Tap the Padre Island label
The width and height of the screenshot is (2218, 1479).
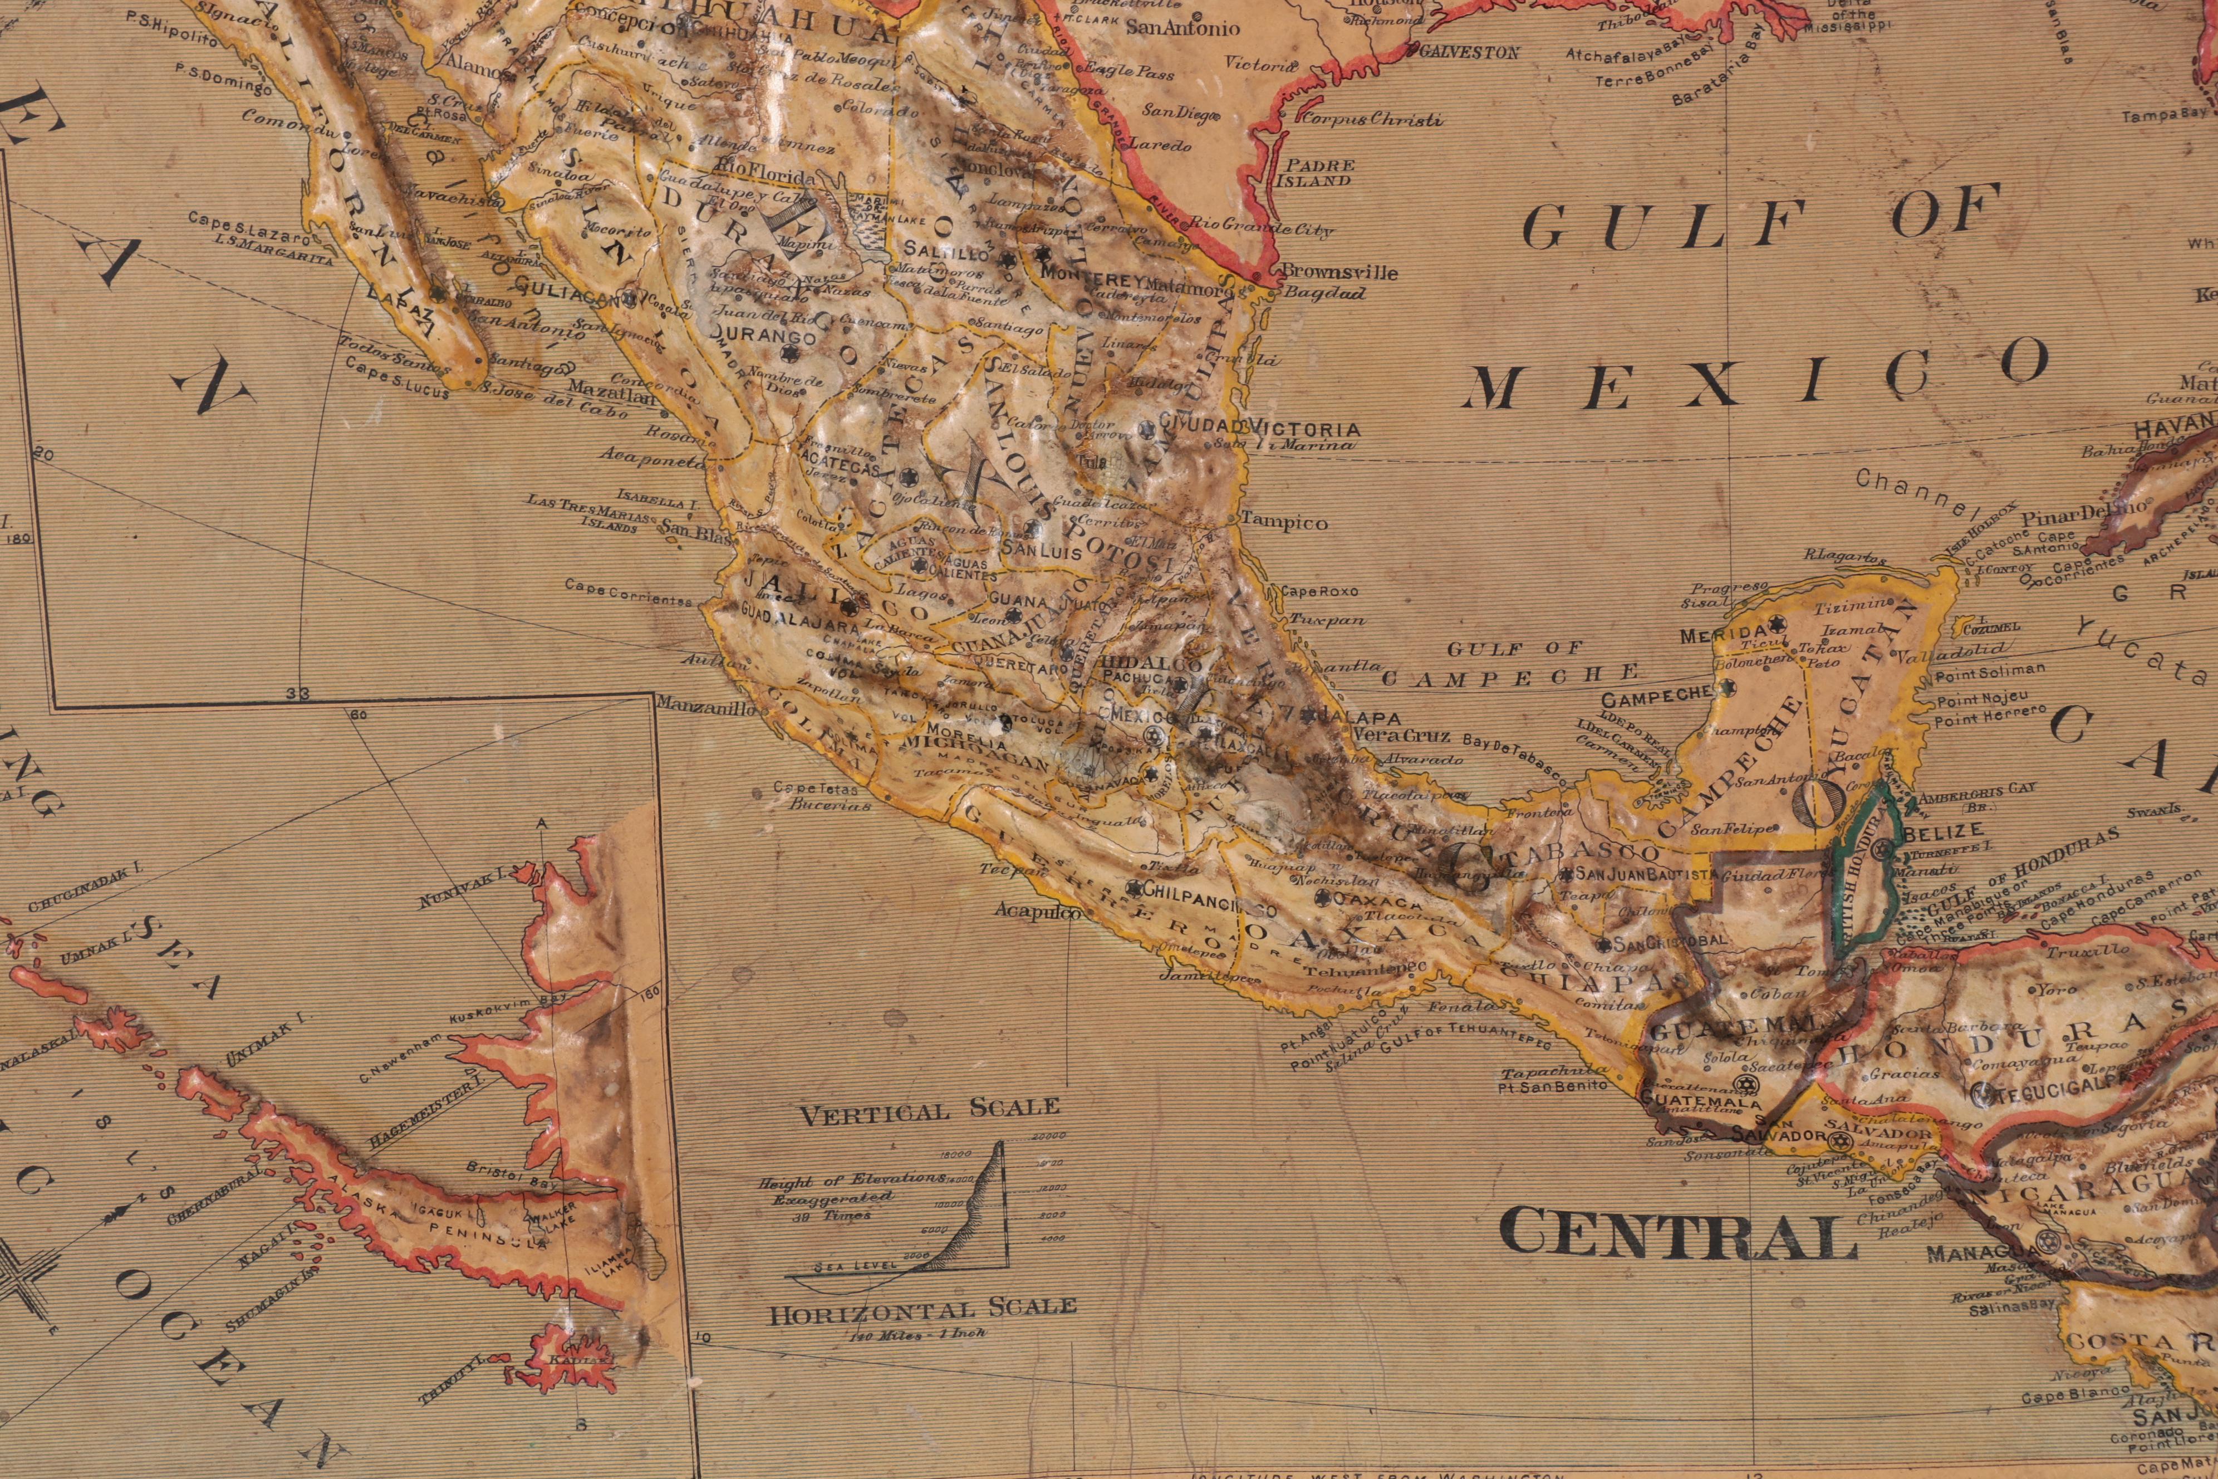1316,173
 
